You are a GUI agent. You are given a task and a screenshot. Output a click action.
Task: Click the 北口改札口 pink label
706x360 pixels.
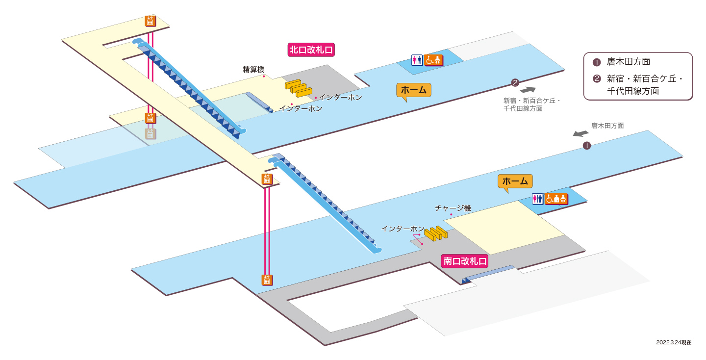tap(311, 50)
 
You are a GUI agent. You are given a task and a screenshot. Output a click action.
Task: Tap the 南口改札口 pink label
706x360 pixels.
tap(465, 261)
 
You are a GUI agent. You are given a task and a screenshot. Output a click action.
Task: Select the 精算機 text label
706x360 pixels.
tap(253, 69)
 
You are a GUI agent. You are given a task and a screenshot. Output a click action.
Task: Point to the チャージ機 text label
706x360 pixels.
tap(453, 208)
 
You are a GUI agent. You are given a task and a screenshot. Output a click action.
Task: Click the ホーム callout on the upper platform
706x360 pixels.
tap(413, 90)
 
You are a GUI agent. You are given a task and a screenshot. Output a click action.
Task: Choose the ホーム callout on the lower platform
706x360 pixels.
tap(515, 181)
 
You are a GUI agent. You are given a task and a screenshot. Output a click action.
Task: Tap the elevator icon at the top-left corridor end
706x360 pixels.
tap(151, 21)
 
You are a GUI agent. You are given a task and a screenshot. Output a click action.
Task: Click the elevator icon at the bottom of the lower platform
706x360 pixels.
tap(267, 280)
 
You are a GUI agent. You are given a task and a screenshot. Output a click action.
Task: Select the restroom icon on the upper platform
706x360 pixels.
tap(417, 60)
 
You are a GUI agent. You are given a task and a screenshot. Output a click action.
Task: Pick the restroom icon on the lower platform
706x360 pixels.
tap(538, 199)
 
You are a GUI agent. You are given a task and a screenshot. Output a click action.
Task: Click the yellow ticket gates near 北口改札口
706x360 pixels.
tap(298, 88)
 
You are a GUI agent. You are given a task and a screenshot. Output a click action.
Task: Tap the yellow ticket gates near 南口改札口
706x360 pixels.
tap(435, 233)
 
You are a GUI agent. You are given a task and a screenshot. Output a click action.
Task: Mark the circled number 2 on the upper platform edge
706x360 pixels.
tap(515, 82)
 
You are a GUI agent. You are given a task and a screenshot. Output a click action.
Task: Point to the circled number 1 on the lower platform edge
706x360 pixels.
tap(586, 146)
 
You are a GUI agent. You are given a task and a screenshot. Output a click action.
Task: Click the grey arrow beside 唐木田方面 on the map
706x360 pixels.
tap(580, 133)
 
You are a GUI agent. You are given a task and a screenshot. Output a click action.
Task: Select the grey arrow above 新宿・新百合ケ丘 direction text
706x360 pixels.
tap(528, 90)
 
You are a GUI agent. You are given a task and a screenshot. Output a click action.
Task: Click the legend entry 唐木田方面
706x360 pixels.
tap(629, 62)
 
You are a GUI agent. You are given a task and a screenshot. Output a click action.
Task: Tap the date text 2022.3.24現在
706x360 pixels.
tap(674, 342)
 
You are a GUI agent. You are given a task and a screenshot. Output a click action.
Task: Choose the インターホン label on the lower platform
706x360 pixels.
tap(403, 229)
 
